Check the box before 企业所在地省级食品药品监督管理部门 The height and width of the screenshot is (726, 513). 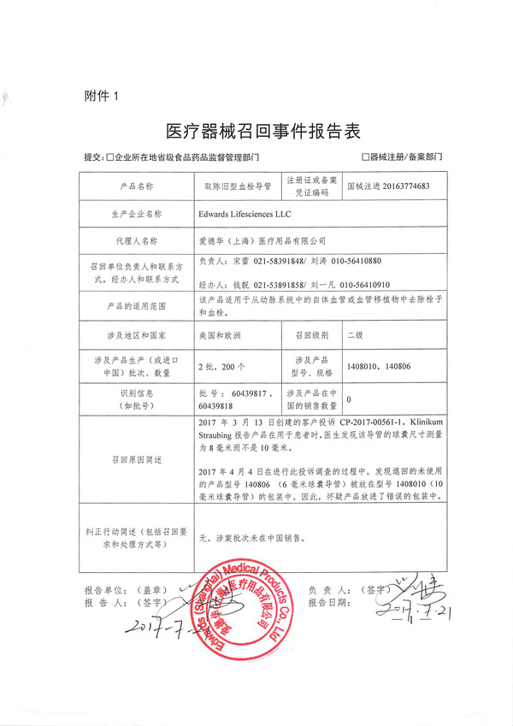(109, 158)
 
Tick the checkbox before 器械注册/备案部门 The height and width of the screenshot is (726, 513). (366, 158)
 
